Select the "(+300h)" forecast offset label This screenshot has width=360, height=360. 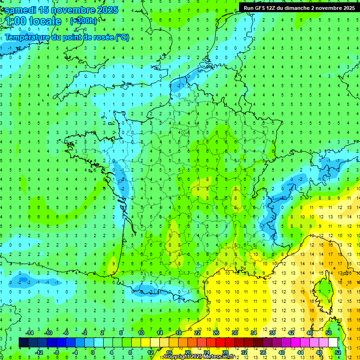click(x=83, y=21)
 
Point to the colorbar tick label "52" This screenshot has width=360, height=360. click(x=338, y=352)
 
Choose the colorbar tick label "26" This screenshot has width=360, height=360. click(x=216, y=333)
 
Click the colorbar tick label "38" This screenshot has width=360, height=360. click(x=272, y=333)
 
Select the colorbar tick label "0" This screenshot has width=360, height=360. click(x=93, y=352)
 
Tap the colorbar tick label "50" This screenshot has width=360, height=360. click(x=329, y=333)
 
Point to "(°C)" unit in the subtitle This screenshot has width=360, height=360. click(x=122, y=37)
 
